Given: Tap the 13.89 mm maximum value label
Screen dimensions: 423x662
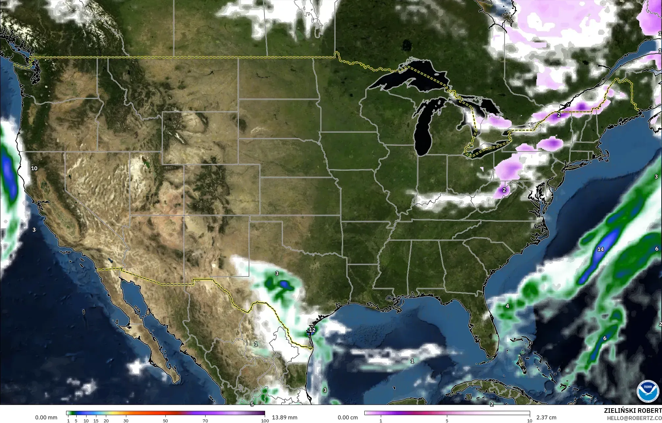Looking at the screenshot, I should point(284,417).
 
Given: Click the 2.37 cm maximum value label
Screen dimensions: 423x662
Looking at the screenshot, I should point(546,417).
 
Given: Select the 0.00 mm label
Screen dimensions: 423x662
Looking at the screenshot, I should point(46,417).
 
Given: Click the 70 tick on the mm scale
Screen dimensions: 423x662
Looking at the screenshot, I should point(205,420).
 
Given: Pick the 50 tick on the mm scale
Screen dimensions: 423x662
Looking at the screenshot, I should point(165,420).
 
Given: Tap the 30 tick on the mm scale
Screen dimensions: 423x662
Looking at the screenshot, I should point(126,420).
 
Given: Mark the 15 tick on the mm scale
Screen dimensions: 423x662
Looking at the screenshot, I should point(96,420).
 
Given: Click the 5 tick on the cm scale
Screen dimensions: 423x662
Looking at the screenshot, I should point(447,420).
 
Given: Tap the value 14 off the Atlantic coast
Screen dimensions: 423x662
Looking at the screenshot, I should point(601,249).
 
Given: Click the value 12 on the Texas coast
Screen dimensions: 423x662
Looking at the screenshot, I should point(312,330).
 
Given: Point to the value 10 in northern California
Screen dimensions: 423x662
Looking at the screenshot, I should point(34,168).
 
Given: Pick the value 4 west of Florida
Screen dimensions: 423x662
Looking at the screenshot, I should point(507,306).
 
